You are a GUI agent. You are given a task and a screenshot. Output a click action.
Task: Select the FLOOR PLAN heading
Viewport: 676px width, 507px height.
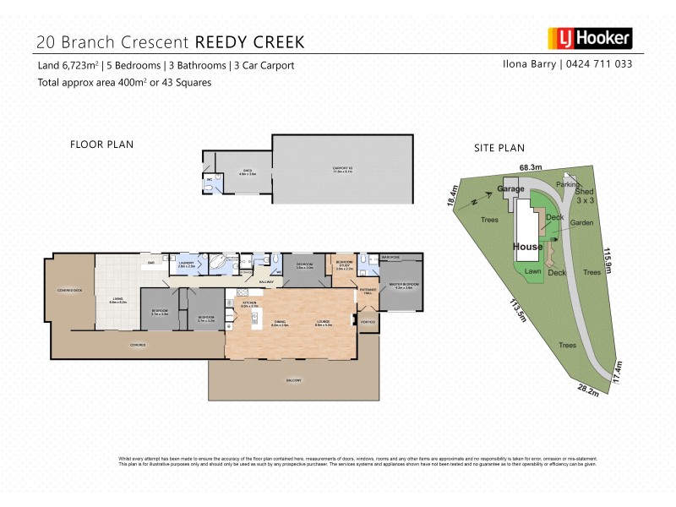point(101,144)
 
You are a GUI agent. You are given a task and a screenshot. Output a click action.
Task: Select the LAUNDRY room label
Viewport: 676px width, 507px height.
point(187,264)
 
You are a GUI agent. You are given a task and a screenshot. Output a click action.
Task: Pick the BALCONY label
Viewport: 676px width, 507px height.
point(293,380)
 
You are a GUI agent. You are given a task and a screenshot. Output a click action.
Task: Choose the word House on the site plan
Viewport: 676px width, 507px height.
point(528,247)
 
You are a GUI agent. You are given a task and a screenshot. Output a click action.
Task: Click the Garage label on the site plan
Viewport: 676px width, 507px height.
point(511,190)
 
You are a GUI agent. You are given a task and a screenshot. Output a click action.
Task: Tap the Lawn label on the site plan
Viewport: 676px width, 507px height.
point(533,272)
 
